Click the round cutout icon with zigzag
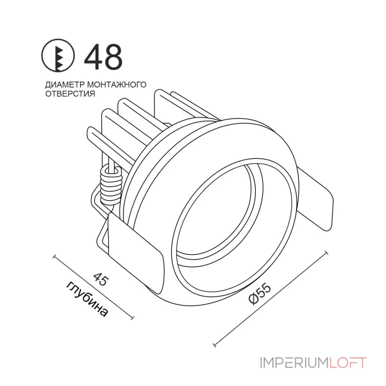click(58, 55)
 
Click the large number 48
click(103, 57)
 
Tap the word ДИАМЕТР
click(65, 85)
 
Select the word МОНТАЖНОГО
click(117, 85)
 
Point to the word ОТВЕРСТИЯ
click(70, 94)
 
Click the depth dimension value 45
click(100, 279)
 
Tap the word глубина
click(87, 299)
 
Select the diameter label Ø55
click(260, 294)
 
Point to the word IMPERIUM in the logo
click(294, 363)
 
